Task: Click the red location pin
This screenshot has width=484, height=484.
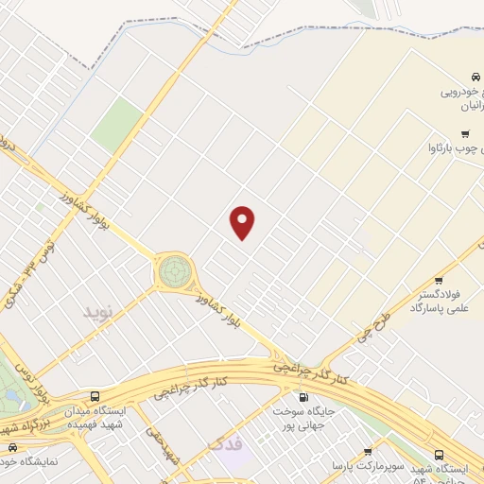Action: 243,222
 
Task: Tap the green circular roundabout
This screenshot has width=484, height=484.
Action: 173,272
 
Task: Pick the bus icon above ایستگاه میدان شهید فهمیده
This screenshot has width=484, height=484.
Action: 94,396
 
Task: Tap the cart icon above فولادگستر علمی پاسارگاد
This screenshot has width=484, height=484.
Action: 439,280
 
